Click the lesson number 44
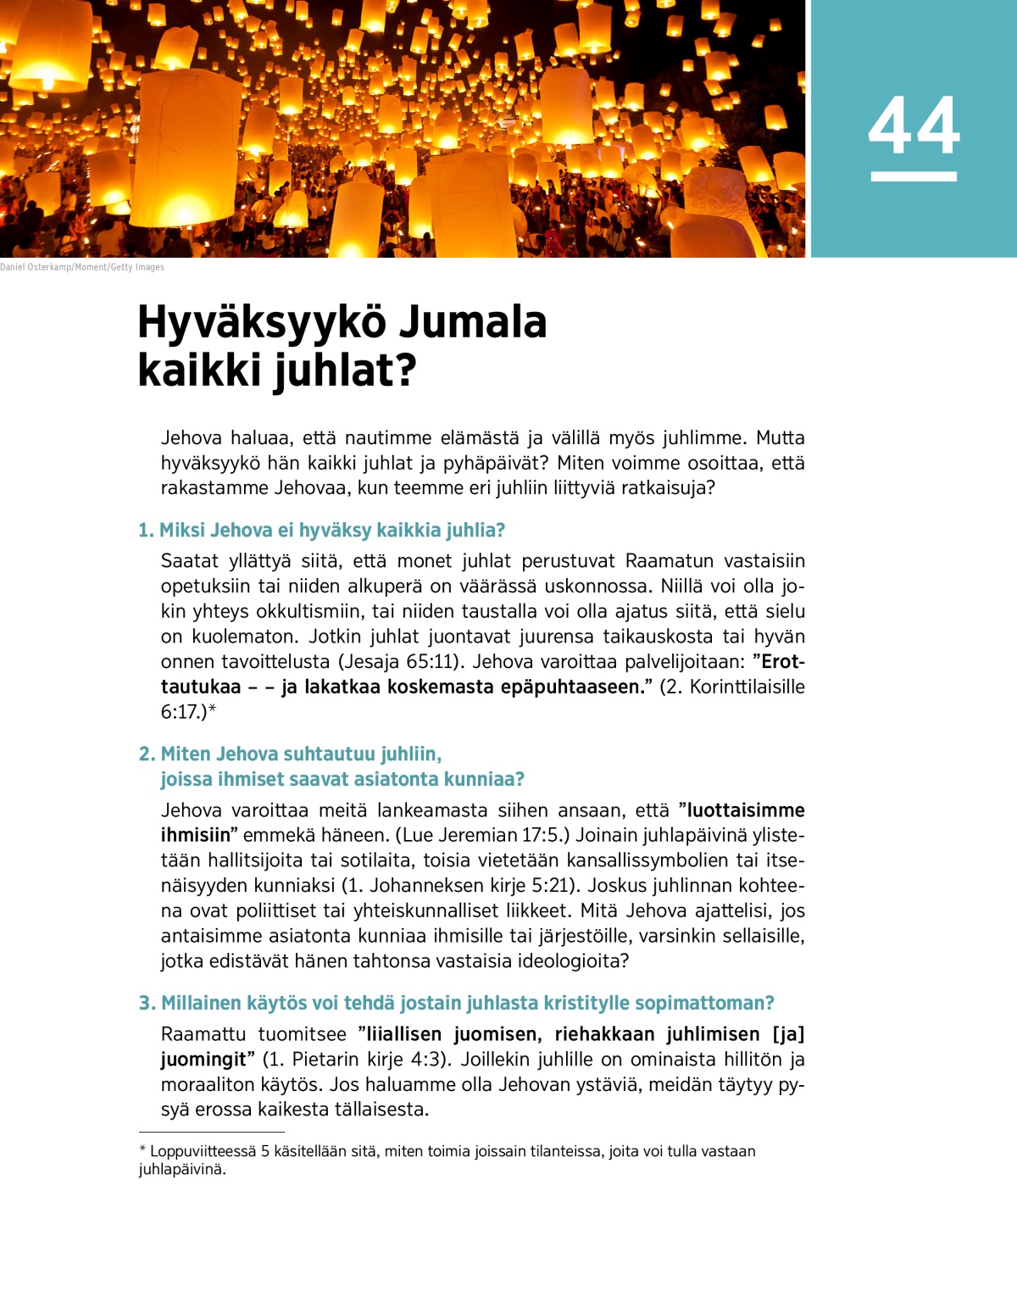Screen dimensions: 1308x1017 (914, 125)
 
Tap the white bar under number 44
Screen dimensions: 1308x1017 (914, 176)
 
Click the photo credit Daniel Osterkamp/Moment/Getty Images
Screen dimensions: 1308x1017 (82, 267)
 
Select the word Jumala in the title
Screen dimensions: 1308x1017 (472, 323)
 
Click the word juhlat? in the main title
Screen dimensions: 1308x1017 (345, 371)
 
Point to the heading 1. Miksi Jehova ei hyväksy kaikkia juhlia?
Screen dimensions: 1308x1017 (322, 531)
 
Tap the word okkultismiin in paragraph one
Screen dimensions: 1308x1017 (313, 611)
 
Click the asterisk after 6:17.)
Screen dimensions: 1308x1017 (213, 710)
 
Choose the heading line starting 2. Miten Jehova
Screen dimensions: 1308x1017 (290, 754)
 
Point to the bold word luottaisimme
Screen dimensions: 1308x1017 (746, 810)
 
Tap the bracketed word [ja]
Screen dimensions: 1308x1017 (788, 1034)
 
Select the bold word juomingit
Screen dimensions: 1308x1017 (205, 1060)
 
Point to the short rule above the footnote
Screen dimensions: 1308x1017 (212, 1132)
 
